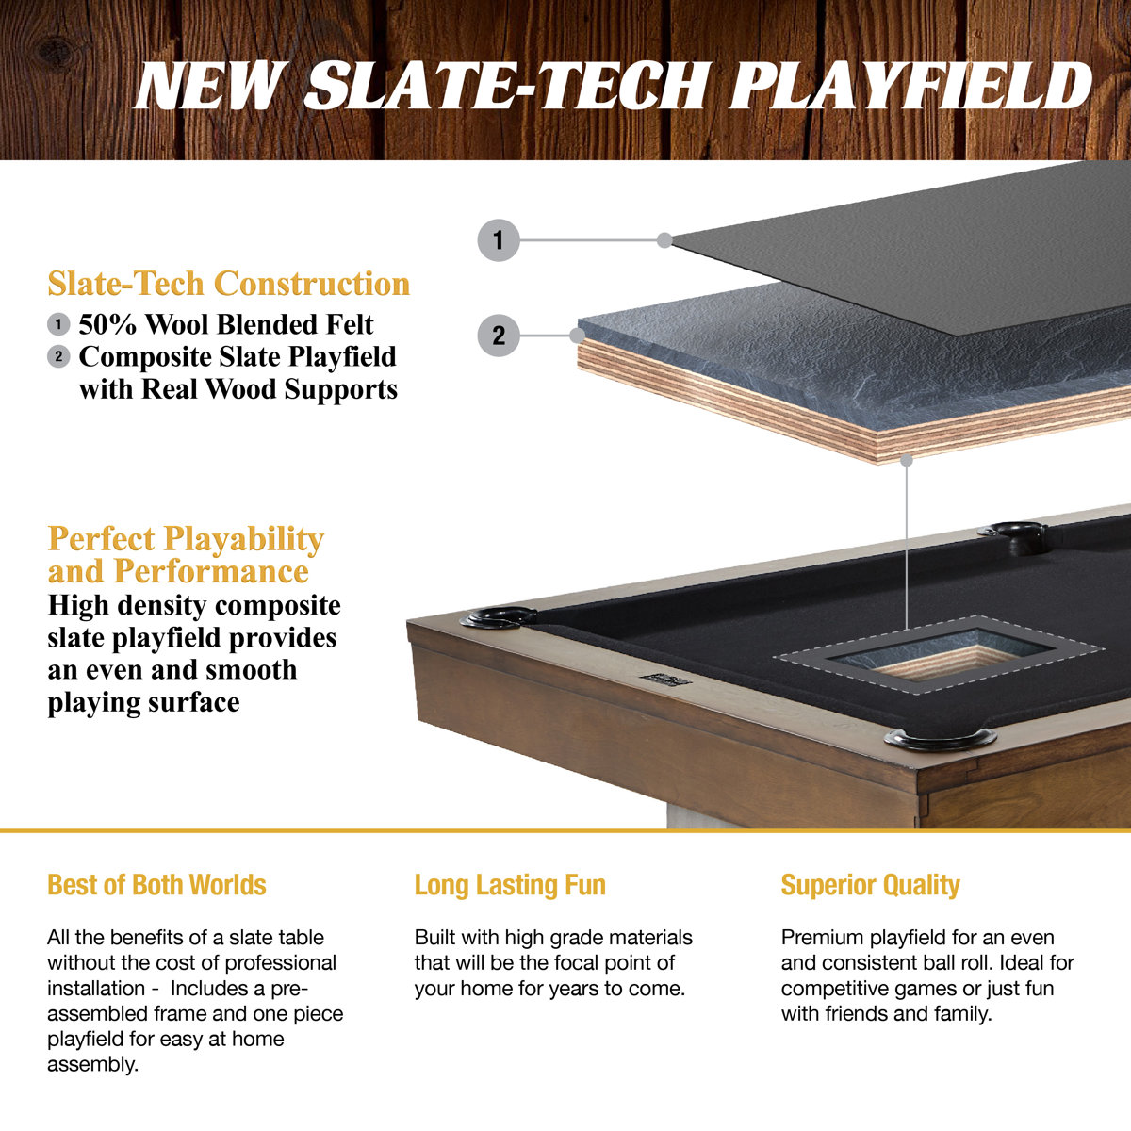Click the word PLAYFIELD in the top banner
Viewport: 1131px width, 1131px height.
(x=910, y=87)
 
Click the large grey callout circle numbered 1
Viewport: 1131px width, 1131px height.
(x=499, y=240)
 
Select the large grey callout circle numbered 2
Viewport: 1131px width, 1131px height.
(x=499, y=336)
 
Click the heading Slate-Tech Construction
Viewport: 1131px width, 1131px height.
(x=228, y=284)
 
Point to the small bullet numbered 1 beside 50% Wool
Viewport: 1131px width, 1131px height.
(x=58, y=324)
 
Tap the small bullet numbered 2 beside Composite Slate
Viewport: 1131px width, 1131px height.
(x=58, y=356)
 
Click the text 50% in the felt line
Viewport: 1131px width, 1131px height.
(x=108, y=324)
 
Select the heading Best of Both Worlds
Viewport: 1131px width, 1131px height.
(x=156, y=885)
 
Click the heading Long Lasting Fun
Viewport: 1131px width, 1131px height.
(x=510, y=885)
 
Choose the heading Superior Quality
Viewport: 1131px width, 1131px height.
(x=870, y=885)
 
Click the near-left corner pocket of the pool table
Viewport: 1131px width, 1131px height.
(x=496, y=617)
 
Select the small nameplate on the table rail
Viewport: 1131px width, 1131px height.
(x=664, y=679)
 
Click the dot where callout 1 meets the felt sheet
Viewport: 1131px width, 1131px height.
(x=664, y=240)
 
